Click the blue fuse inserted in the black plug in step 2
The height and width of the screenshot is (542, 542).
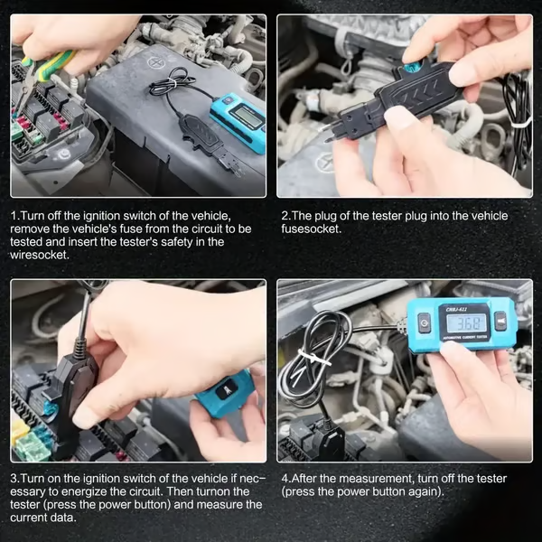[413, 67]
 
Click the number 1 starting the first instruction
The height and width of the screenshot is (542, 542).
[14, 216]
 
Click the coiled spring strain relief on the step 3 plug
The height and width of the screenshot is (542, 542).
[80, 334]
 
